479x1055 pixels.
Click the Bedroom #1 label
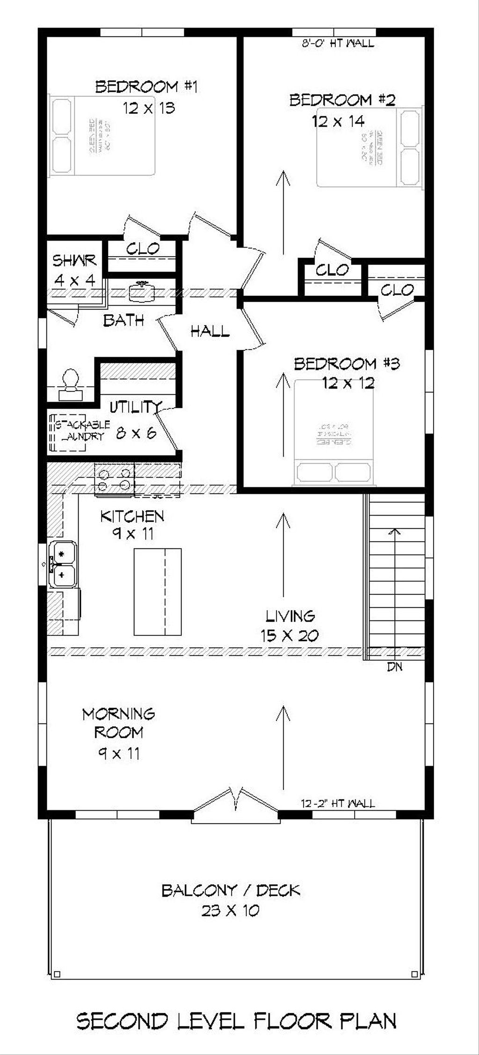(x=146, y=87)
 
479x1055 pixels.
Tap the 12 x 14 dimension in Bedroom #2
(x=338, y=122)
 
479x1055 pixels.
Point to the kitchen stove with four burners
(x=114, y=479)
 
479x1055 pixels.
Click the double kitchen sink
(x=63, y=563)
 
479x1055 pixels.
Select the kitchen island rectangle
(x=157, y=592)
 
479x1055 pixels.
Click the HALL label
(x=210, y=332)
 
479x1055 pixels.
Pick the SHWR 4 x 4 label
(x=75, y=270)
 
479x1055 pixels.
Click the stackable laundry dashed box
(x=68, y=432)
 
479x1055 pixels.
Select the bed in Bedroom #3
(x=334, y=431)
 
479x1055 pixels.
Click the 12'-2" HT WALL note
(x=337, y=804)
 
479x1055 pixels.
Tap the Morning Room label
(x=118, y=723)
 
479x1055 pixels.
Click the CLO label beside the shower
(x=143, y=249)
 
